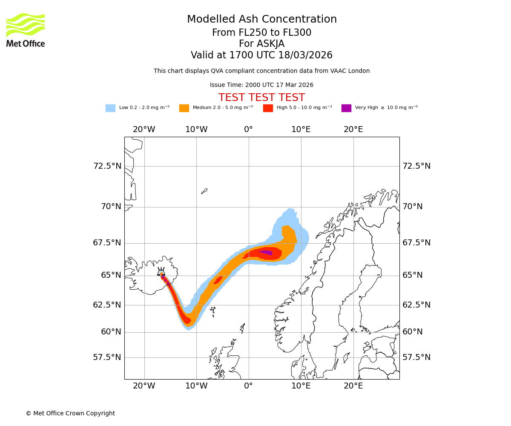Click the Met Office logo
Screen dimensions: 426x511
point(26,30)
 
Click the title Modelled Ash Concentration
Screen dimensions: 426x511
point(262,20)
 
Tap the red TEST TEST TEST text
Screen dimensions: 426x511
point(261,98)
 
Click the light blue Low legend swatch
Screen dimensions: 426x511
point(110,108)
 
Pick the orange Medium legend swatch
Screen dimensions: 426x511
point(184,108)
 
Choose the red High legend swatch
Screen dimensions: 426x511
point(268,108)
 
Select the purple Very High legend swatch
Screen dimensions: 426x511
point(346,108)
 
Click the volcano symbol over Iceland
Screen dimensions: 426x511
point(161,272)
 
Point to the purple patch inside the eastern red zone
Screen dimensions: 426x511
point(267,253)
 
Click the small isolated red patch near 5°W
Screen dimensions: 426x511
point(218,280)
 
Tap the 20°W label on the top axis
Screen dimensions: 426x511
point(144,130)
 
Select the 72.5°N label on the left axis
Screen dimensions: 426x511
point(107,166)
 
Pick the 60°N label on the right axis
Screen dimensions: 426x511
point(413,332)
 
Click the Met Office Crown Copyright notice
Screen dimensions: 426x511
point(70,414)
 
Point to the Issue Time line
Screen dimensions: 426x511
point(261,85)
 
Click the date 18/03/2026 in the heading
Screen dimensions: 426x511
point(305,55)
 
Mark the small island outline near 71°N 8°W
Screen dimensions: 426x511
point(204,191)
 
